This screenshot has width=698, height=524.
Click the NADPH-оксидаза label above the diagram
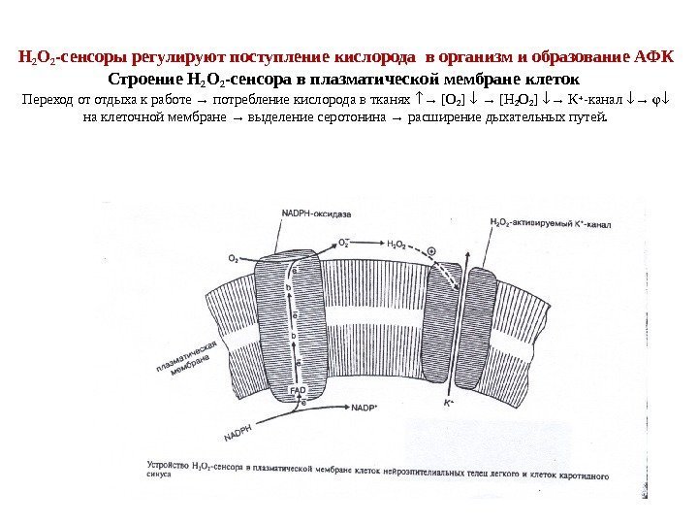tap(292, 214)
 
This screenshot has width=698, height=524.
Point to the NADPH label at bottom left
tap(235, 428)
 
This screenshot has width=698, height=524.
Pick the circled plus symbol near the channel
tap(430, 250)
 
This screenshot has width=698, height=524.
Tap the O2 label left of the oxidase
tap(234, 258)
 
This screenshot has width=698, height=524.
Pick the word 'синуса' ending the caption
tap(161, 476)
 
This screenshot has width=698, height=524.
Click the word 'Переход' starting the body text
tap(47, 98)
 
